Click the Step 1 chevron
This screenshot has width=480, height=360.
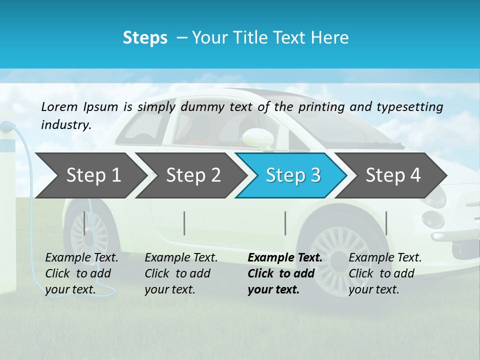(93, 175)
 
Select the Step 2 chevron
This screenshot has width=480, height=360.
(193, 175)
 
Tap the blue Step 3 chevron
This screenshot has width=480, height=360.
(293, 175)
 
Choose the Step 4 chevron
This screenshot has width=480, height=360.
(393, 175)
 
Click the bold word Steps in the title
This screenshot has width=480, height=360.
(145, 38)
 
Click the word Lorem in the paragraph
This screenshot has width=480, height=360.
(59, 106)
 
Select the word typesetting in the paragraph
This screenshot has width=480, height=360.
(409, 107)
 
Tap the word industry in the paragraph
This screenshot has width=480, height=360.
(65, 124)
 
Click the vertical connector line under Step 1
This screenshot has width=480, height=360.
(84, 223)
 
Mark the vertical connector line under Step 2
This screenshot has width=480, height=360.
(184, 223)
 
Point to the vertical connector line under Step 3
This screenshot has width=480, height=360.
(285, 223)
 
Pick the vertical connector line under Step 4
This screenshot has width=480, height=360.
(386, 223)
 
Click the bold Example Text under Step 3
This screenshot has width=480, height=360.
(285, 258)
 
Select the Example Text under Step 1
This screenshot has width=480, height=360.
(81, 258)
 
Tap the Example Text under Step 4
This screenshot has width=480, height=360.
(385, 258)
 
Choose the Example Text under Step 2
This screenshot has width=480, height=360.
(181, 258)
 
